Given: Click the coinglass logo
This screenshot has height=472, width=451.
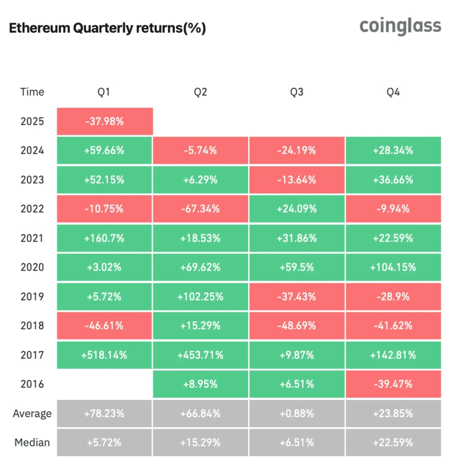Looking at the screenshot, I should coord(400,27).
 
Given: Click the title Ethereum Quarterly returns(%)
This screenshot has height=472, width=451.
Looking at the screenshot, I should coord(107,29).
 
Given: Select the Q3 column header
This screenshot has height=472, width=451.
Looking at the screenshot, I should coord(297,92).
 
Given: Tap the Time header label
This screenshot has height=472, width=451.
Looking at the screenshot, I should coord(32,92).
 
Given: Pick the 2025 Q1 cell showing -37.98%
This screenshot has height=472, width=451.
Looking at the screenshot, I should coord(104,121).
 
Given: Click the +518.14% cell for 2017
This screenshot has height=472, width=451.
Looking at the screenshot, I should coord(104,355).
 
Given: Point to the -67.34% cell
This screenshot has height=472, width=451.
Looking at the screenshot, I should coord(201,209).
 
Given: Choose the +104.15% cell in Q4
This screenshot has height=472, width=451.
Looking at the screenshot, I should coord(393,267).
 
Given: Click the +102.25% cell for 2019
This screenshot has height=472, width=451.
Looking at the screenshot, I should coord(201,297).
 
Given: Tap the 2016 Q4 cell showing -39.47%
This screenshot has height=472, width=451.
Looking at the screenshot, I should coord(393,385).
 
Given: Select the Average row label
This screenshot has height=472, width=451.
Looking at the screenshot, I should coord(32,413).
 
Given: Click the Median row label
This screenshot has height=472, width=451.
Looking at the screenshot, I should coord(32,443).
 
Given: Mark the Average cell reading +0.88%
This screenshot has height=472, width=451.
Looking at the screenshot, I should coord(297,413).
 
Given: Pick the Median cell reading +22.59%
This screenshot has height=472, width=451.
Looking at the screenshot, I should coord(393,443).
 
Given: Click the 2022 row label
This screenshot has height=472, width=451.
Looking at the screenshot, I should coord(32,209).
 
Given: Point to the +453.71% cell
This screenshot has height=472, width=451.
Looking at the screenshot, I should coord(201,355).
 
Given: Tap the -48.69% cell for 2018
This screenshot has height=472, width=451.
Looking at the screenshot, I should coord(297,326).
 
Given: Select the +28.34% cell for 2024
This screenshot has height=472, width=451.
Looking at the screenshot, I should coord(393,151).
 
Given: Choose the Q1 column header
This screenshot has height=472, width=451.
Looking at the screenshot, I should coord(104,92).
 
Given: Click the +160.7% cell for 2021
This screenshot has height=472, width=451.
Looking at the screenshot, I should coord(104,238).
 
